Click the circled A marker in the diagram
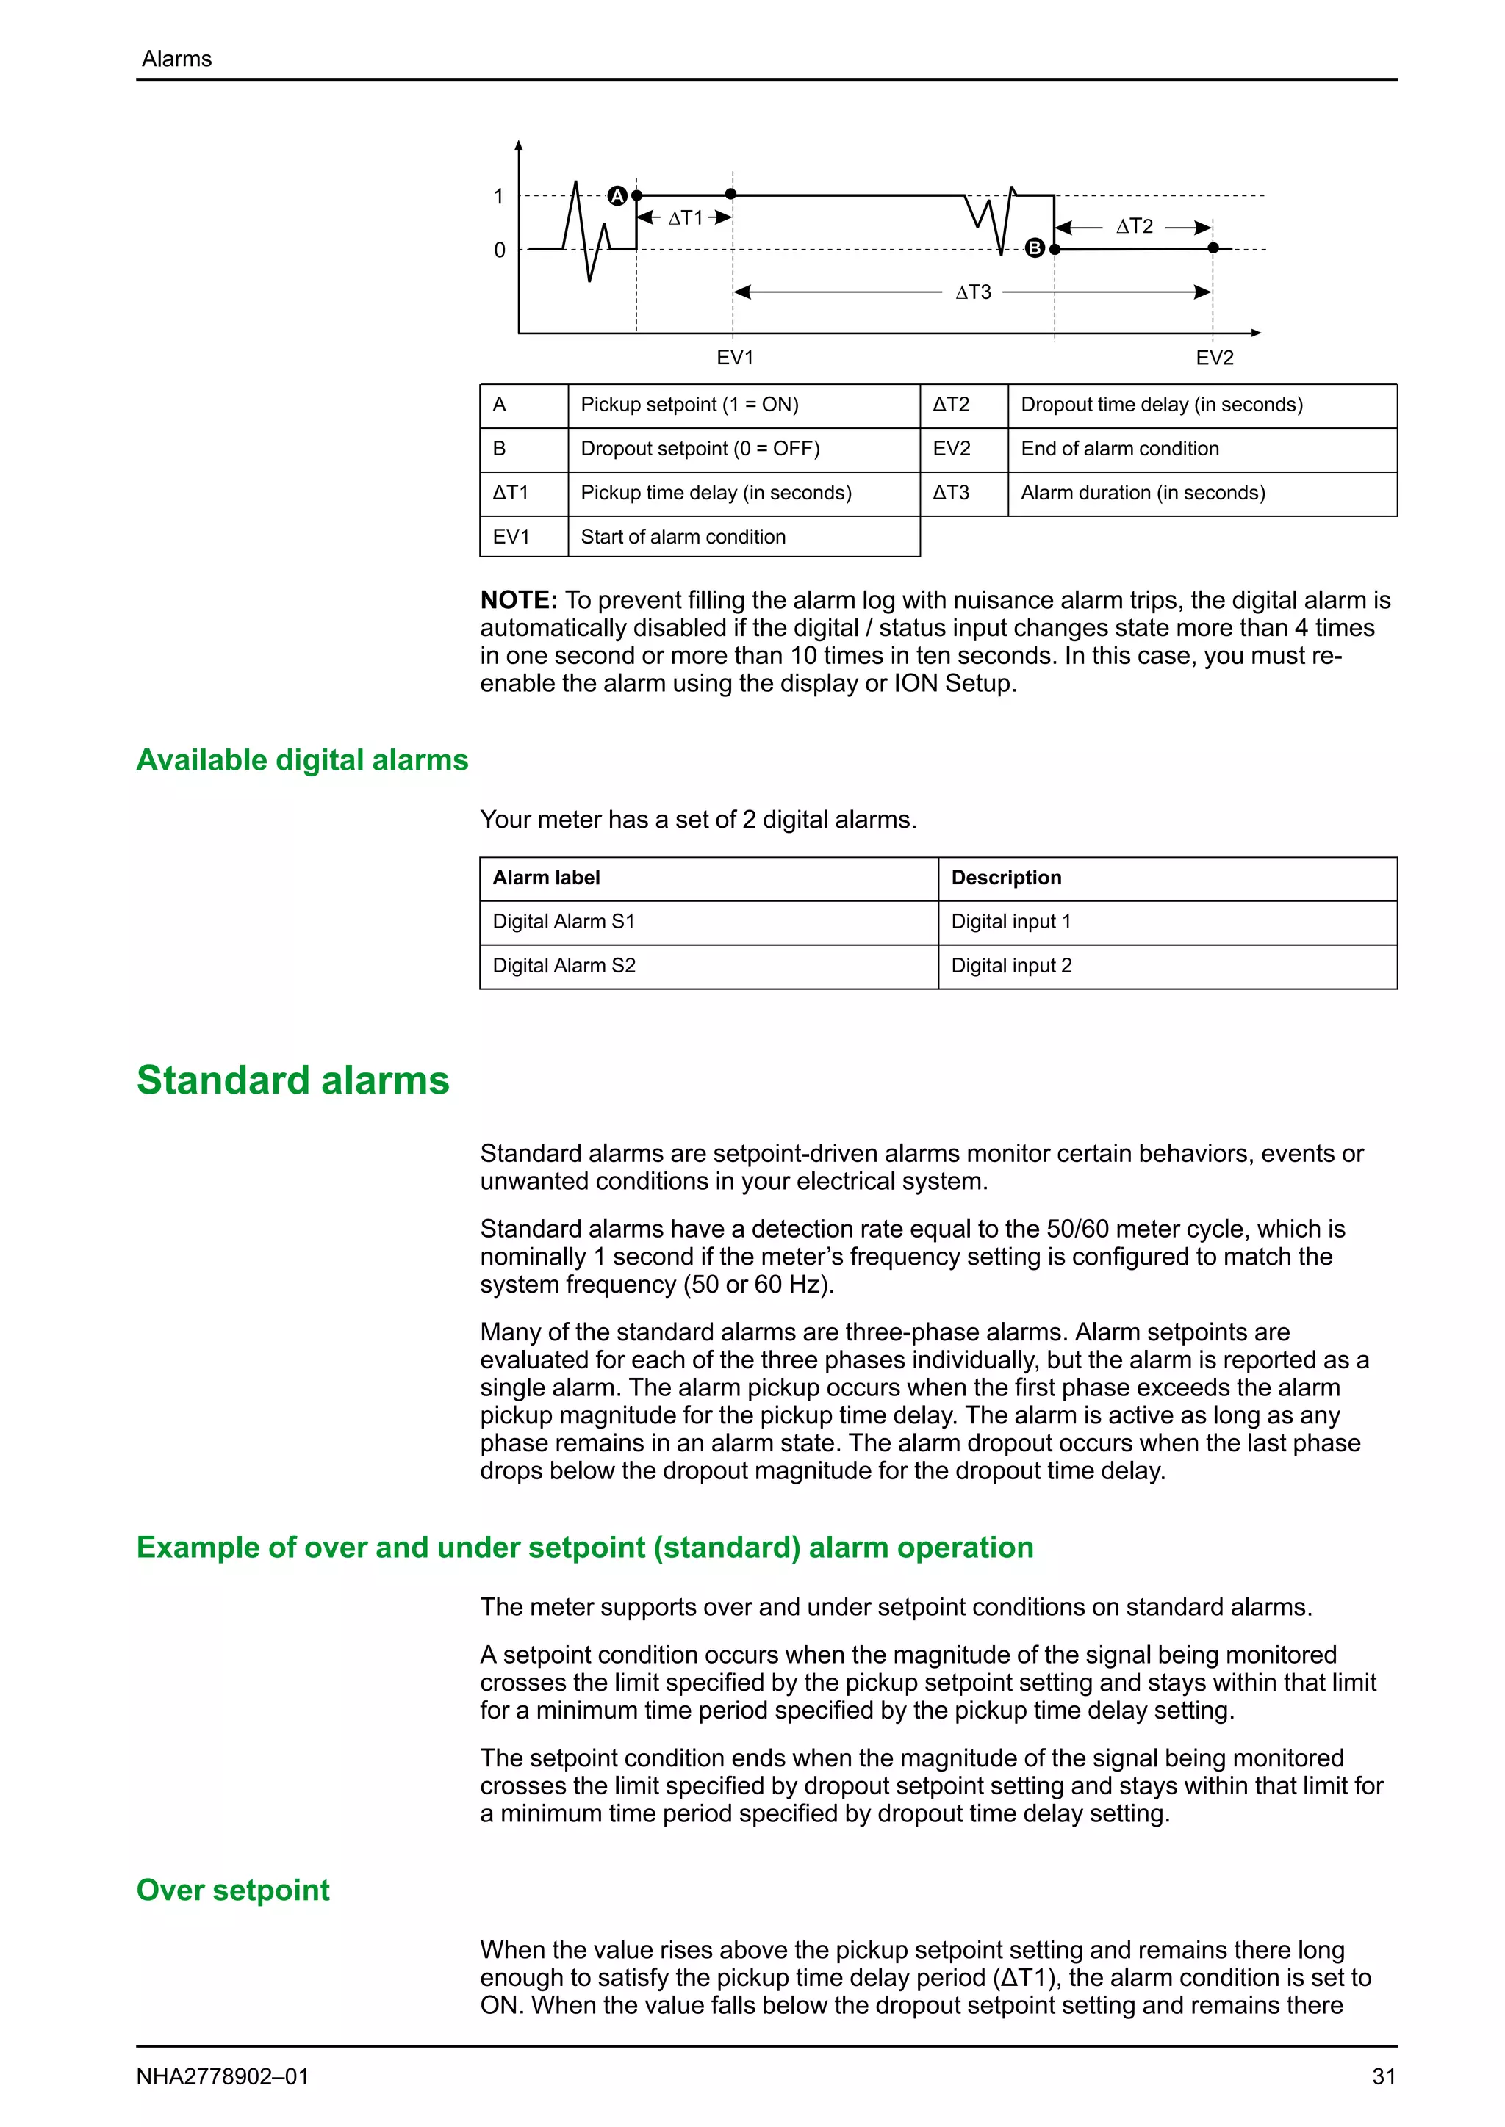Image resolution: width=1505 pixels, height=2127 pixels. [617, 195]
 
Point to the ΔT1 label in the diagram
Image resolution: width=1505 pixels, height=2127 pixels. [686, 217]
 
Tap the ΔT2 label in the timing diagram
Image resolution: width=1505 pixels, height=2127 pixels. [1135, 226]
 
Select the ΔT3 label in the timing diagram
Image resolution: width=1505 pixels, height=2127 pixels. [973, 293]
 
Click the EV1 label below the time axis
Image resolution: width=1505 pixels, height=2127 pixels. [735, 358]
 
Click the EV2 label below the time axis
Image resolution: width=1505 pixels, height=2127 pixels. [1214, 358]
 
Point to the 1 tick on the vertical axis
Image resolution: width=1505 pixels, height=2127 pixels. [498, 196]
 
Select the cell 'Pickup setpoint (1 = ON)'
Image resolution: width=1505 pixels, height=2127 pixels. [689, 405]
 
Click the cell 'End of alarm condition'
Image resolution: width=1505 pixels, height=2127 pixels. [1119, 448]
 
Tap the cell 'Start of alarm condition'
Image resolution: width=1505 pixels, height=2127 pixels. [683, 538]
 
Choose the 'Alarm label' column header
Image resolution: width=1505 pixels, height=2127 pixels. [547, 877]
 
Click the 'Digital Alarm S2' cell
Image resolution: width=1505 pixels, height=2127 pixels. [564, 965]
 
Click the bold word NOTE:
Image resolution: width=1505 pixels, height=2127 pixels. [519, 600]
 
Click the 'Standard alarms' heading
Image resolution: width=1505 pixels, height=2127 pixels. [293, 1080]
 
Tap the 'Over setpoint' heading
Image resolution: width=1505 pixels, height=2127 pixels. [233, 1890]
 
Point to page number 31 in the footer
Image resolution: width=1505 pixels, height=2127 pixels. [1384, 2077]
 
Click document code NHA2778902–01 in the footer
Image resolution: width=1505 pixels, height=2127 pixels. [223, 2077]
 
